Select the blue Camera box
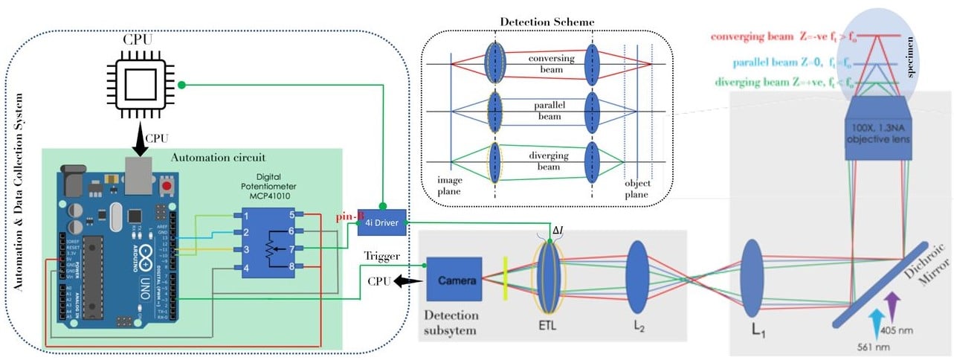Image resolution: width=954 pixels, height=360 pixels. (x=454, y=282)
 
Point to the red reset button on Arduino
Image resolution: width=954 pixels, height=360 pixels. (x=168, y=184)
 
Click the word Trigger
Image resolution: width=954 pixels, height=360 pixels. (x=383, y=256)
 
